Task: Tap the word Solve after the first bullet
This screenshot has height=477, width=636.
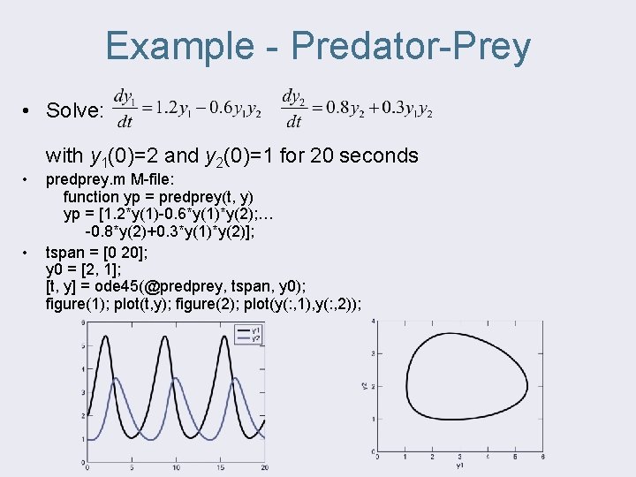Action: (75, 110)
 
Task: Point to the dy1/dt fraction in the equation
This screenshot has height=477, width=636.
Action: (125, 107)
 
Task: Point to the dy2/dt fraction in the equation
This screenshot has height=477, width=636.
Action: (294, 107)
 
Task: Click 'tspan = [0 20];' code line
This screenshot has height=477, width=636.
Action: (100, 251)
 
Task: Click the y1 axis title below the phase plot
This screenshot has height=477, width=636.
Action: (459, 465)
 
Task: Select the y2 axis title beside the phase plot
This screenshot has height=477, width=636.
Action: (366, 386)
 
